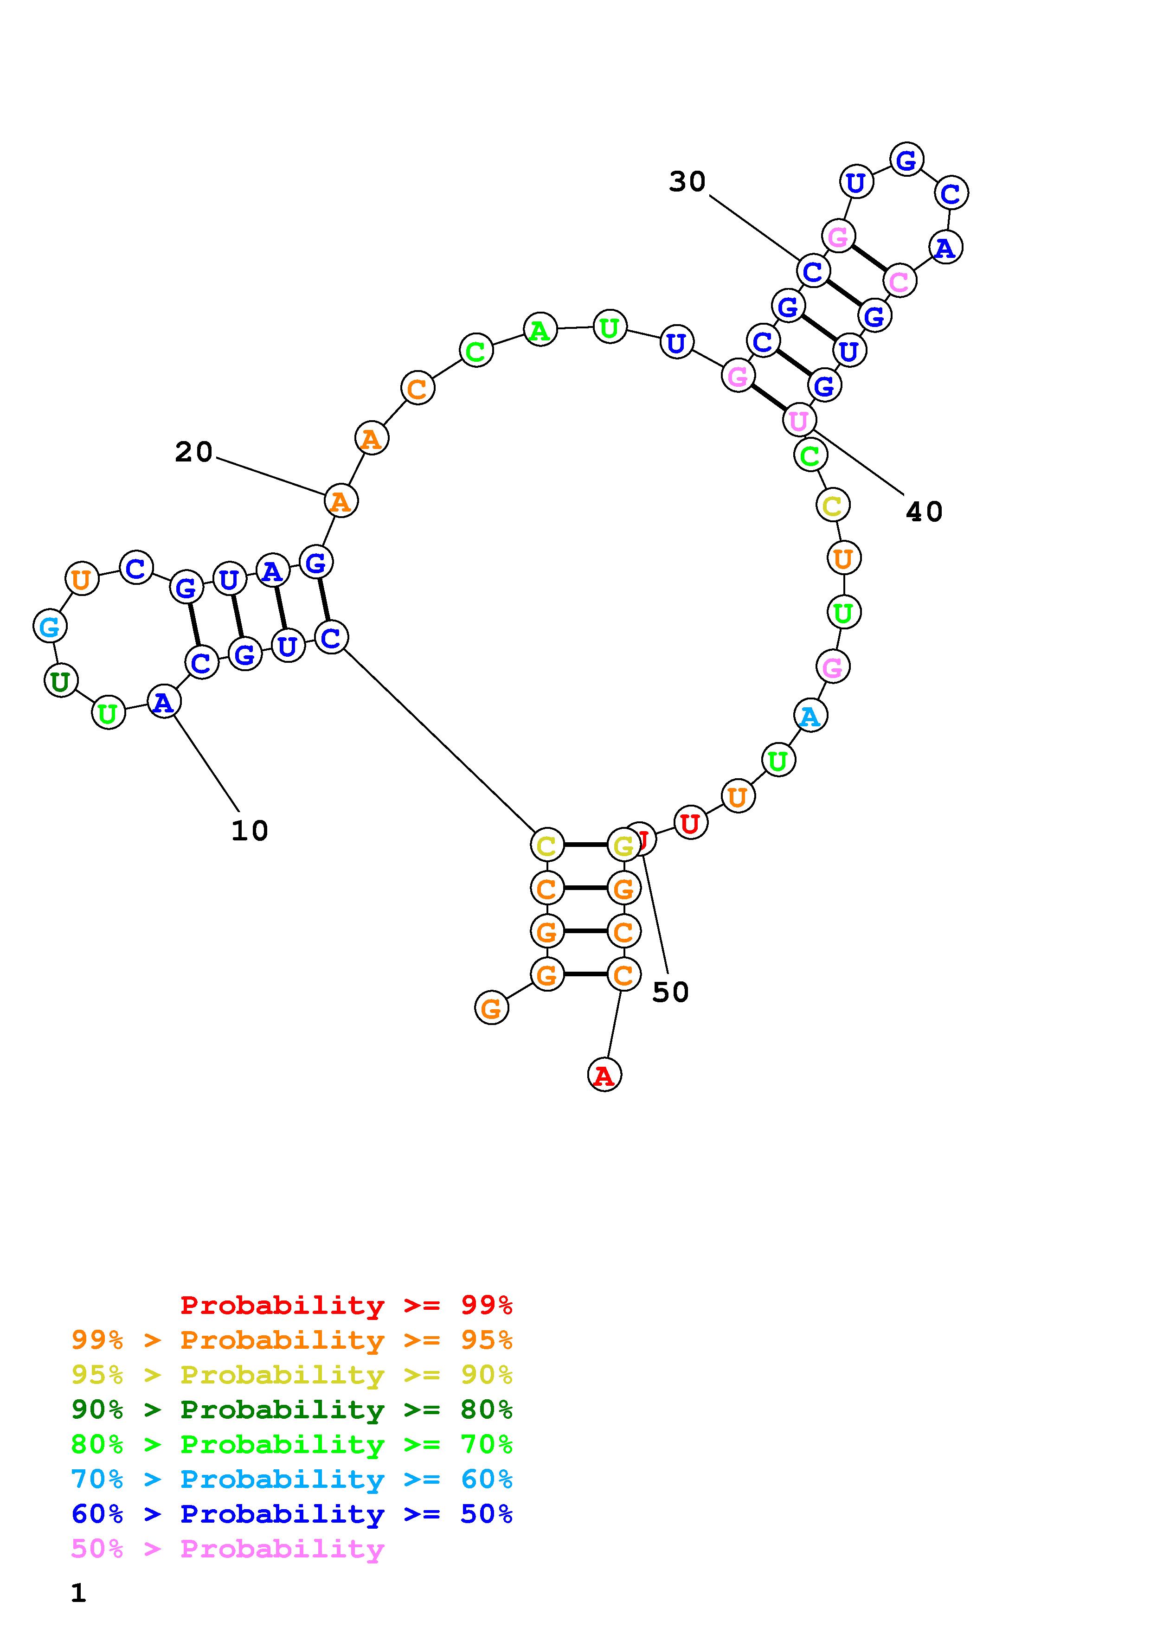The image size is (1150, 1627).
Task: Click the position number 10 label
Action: point(250,831)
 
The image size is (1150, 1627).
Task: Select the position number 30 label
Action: point(687,182)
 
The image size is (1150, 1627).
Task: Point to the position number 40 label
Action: point(924,512)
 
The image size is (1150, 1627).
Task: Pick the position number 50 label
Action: point(670,992)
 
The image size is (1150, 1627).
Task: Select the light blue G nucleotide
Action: point(50,627)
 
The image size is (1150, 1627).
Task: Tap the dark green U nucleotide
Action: point(61,681)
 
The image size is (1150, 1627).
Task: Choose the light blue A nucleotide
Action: point(810,717)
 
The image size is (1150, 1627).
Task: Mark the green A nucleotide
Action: point(540,329)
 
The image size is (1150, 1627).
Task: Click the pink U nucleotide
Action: point(798,420)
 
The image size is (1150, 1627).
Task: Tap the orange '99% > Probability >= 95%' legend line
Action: point(292,1340)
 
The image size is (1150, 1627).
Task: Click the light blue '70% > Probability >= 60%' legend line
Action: point(292,1479)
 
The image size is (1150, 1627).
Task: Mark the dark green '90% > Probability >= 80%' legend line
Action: point(292,1409)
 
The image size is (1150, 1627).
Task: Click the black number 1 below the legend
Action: point(78,1594)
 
